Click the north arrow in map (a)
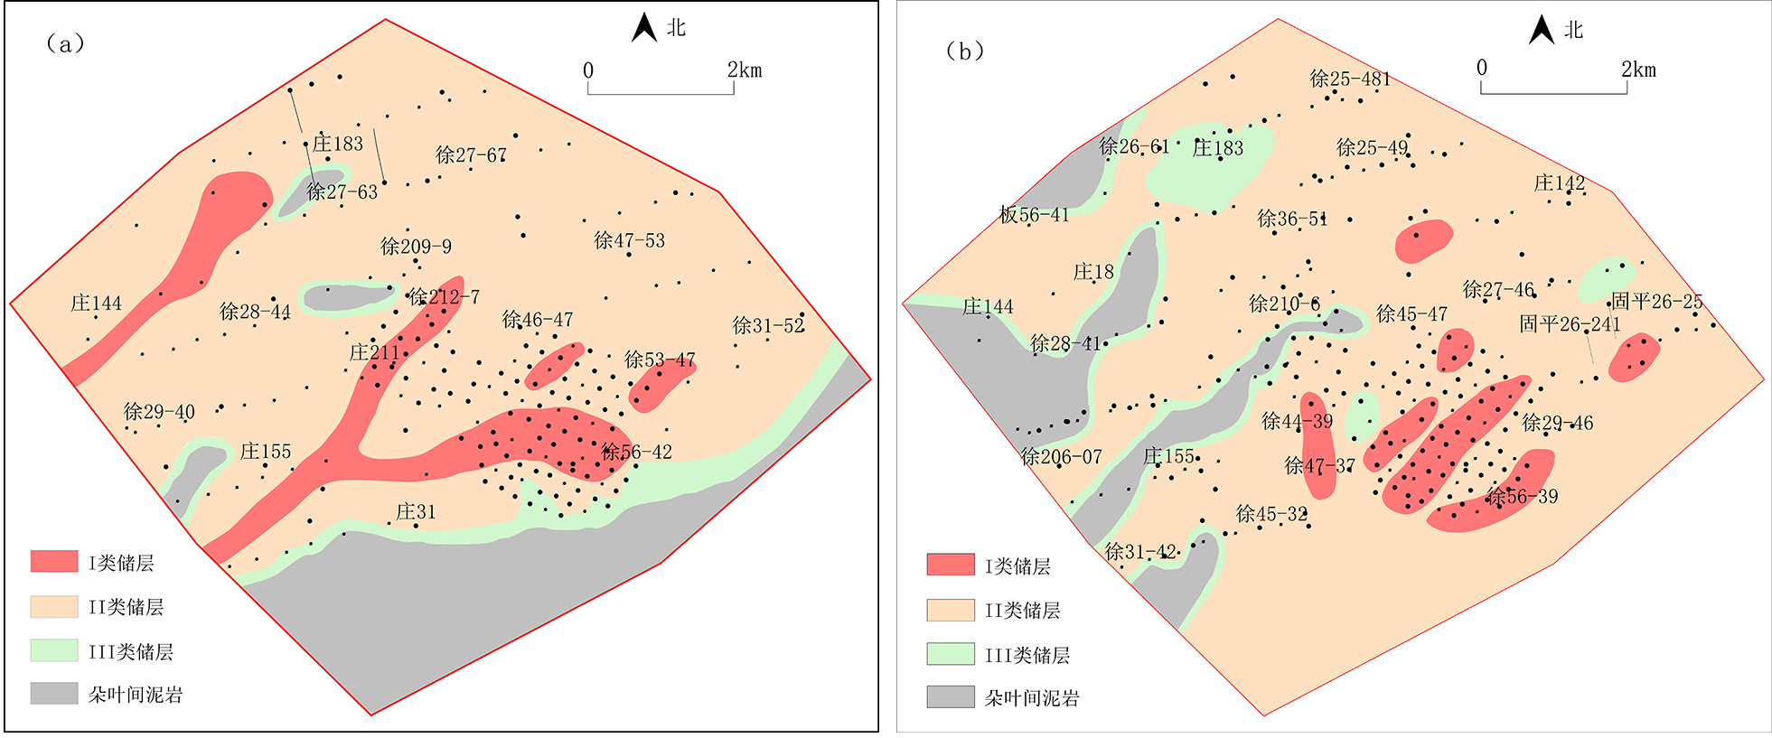pos(643,28)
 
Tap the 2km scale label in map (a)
pos(745,70)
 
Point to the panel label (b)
pos(964,51)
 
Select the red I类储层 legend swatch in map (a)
pos(54,562)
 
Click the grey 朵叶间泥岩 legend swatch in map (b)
pos(951,697)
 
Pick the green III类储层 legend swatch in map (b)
pos(951,654)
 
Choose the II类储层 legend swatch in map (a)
pos(54,607)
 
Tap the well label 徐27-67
pos(471,155)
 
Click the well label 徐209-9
pos(416,247)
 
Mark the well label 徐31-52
pos(768,325)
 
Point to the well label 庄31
pos(416,512)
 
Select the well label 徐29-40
pos(159,412)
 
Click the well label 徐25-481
pos(1350,79)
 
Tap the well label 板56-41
pos(1034,215)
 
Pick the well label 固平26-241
pos(1570,324)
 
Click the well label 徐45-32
pos(1271,514)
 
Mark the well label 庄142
pos(1559,183)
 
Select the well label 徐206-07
pos(1061,457)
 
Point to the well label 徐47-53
pos(629,241)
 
